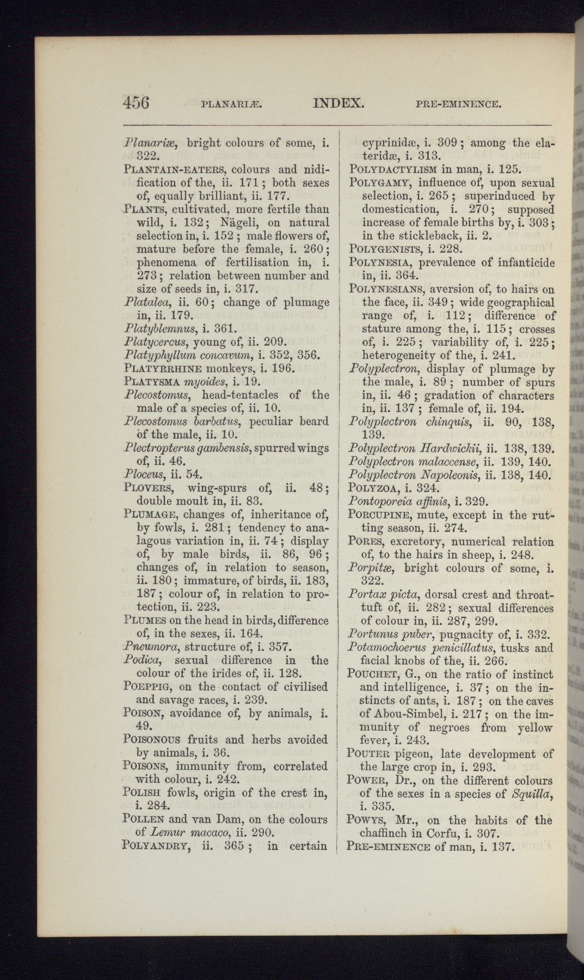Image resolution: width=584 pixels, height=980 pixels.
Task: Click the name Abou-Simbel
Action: (402, 715)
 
